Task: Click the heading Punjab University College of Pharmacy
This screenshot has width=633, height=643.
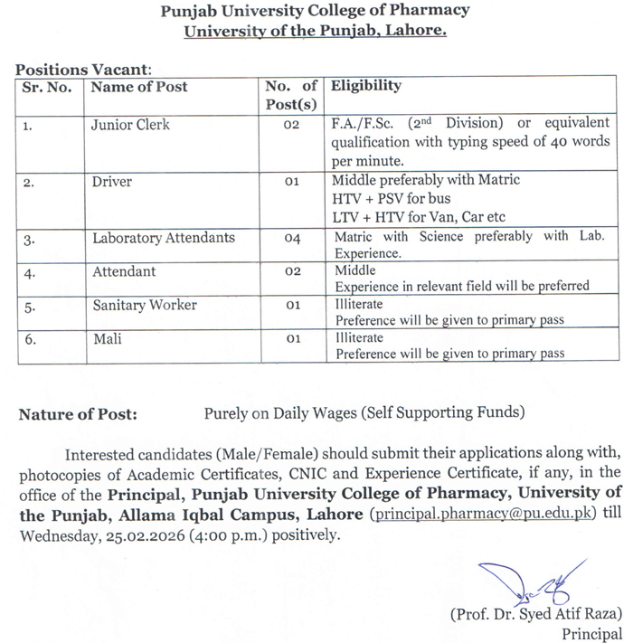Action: (315, 12)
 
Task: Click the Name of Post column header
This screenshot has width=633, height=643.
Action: (139, 87)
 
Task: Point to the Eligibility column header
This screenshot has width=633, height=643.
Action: (366, 87)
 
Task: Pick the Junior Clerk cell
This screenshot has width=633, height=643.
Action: (130, 124)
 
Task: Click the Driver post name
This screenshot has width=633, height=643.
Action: (112, 182)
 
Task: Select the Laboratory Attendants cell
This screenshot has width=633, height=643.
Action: (164, 238)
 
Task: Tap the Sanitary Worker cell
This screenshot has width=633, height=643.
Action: (145, 305)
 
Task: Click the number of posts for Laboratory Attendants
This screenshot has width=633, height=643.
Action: (291, 239)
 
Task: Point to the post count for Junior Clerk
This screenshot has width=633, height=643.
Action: (291, 125)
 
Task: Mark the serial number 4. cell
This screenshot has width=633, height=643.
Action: (29, 272)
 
